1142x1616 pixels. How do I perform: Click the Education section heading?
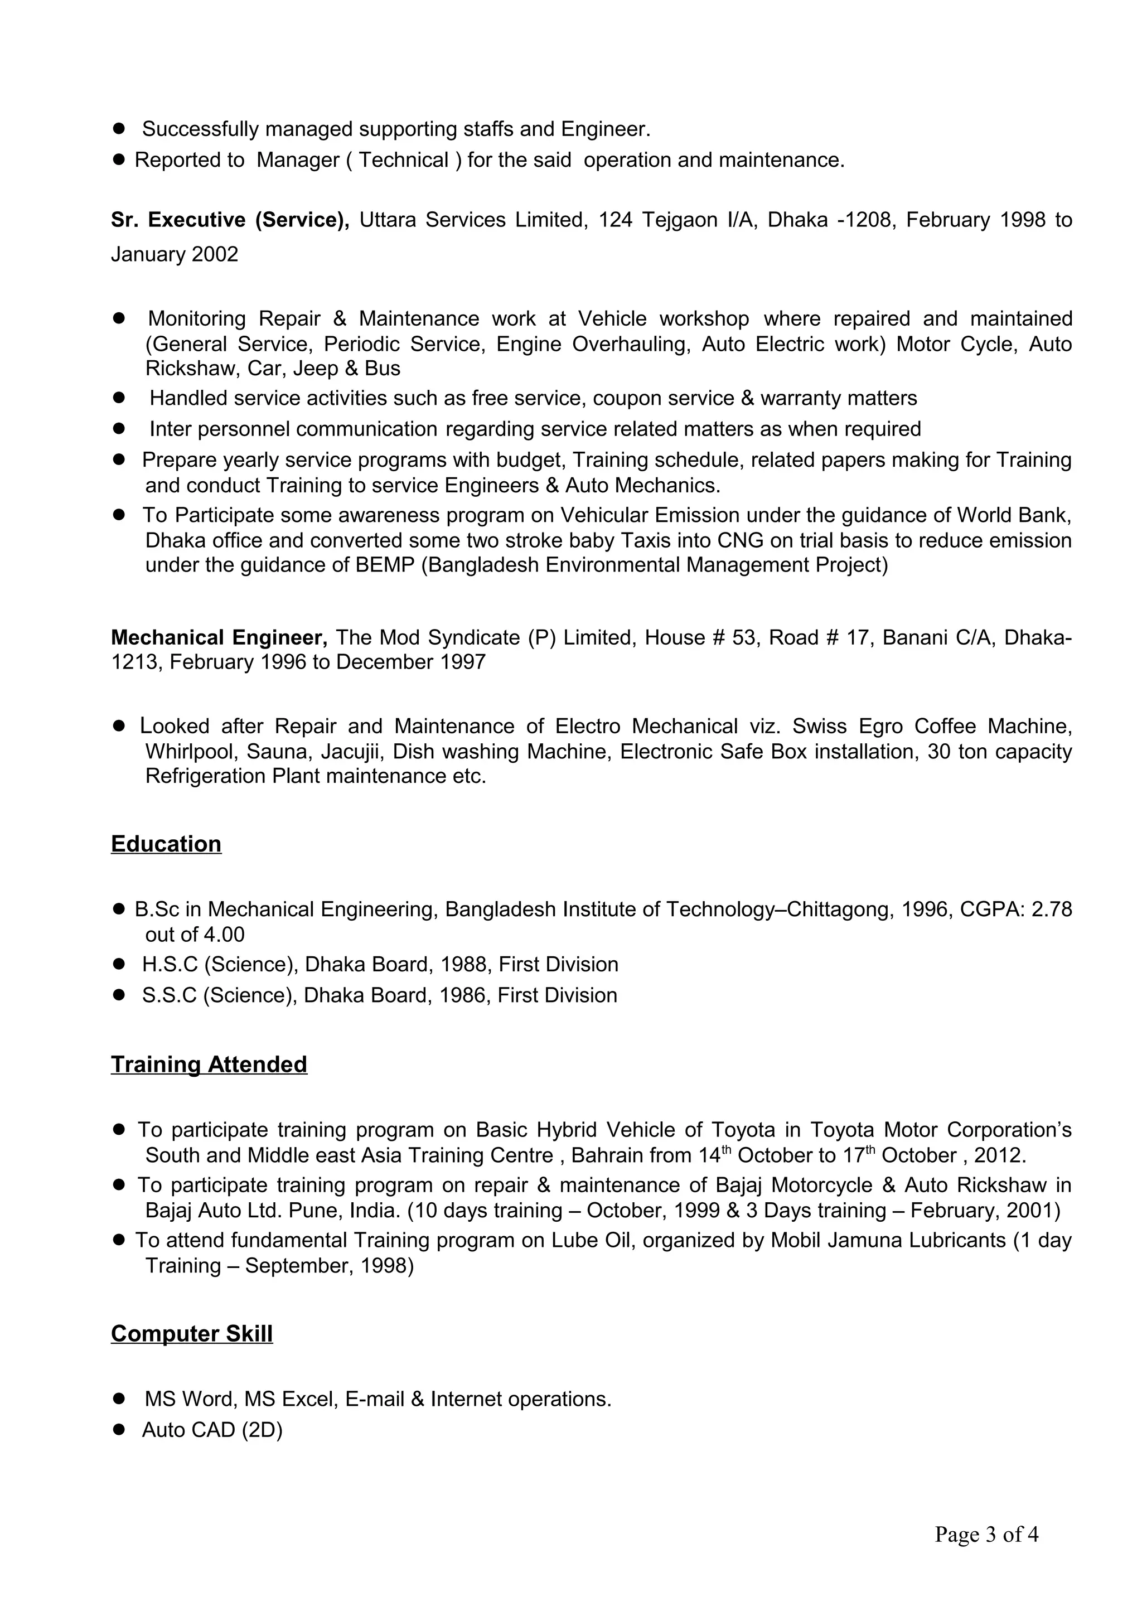(x=166, y=844)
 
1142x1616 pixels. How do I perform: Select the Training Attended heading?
(x=209, y=1064)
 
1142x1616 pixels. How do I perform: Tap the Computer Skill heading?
(x=191, y=1334)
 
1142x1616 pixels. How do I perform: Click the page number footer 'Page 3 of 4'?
(x=986, y=1535)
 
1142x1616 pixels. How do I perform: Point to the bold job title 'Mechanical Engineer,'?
(x=219, y=638)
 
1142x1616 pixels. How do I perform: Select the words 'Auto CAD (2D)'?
(x=212, y=1430)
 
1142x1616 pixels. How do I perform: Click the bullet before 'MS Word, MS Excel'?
(x=119, y=1399)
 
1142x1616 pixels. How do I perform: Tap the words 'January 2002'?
(x=175, y=254)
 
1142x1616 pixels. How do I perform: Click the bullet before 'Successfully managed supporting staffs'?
(x=119, y=129)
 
